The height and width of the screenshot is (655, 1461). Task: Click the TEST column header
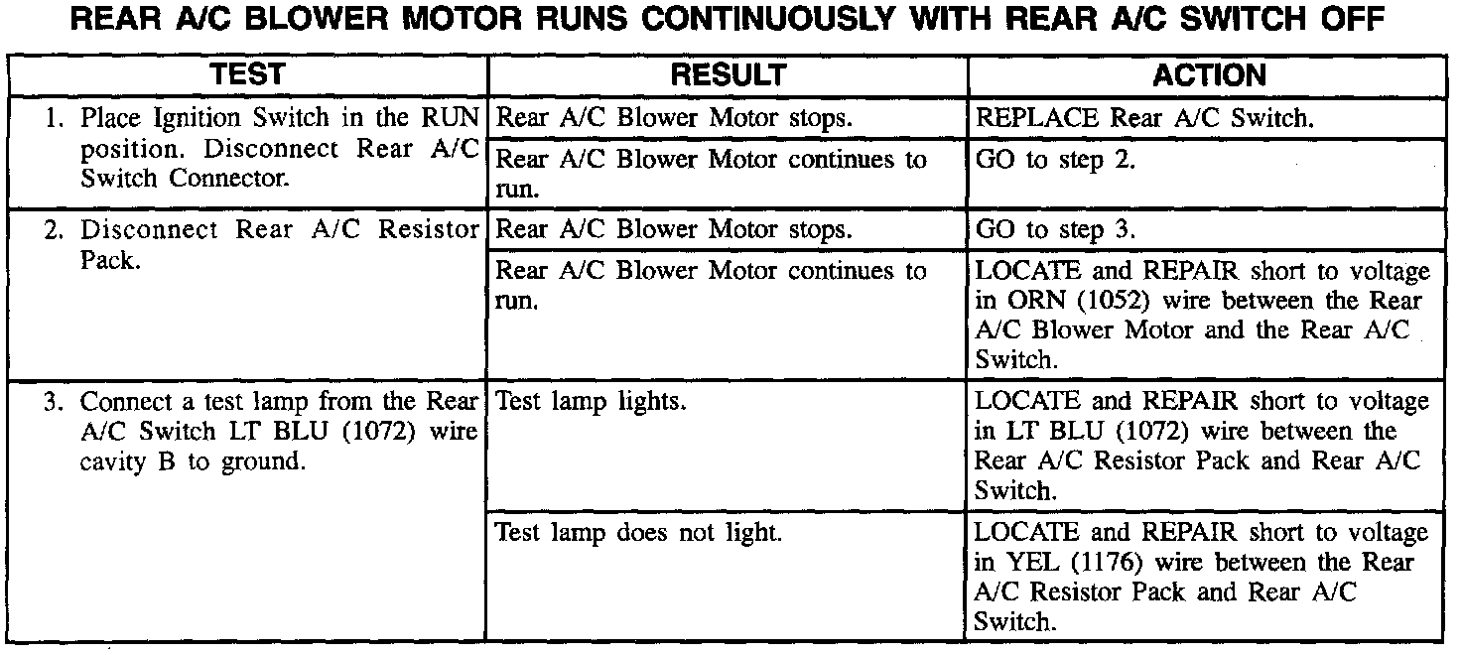(248, 75)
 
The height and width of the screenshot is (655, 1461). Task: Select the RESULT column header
(728, 75)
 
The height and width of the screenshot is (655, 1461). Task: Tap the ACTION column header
(1209, 75)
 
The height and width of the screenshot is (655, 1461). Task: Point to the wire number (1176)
(1122, 563)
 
